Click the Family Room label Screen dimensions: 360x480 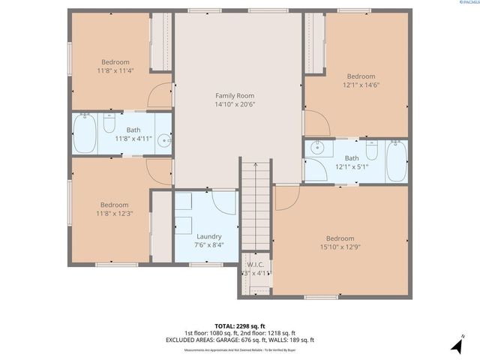(235, 95)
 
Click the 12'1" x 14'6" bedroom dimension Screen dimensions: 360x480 (361, 85)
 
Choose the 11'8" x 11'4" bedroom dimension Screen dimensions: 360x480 (115, 71)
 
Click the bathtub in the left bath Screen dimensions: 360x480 (85, 134)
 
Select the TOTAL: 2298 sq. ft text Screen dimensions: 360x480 (239, 325)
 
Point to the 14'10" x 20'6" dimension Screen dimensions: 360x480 (235, 105)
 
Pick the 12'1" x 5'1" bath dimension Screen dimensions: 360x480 (351, 167)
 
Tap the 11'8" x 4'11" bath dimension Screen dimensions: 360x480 (133, 139)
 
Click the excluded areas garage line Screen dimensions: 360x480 (239, 340)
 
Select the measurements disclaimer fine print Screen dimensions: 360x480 (239, 347)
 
